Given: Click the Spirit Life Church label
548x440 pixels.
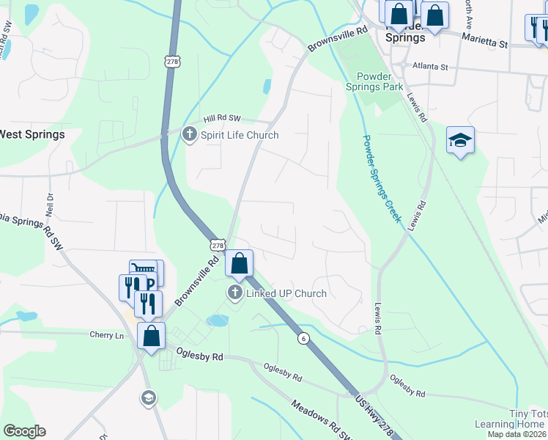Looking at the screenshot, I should click(240, 135).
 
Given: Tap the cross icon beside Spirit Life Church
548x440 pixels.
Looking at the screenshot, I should click(190, 134).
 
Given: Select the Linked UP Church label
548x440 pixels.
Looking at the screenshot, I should click(286, 293).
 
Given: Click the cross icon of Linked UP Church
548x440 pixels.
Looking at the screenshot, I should click(235, 293).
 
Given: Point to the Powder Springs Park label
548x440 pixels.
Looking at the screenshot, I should click(379, 81).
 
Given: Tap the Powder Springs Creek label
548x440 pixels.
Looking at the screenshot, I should click(382, 180).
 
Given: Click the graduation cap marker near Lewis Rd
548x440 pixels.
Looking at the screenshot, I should click(460, 141).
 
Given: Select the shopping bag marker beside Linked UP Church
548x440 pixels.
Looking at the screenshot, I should click(239, 263).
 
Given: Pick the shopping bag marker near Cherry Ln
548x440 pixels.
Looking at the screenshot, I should click(151, 337).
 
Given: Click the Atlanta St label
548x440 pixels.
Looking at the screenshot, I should click(430, 66).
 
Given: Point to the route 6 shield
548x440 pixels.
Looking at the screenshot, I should click(303, 338).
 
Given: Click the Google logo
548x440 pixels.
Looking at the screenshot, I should click(24, 431).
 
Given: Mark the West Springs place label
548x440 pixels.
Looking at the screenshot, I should click(32, 134).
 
